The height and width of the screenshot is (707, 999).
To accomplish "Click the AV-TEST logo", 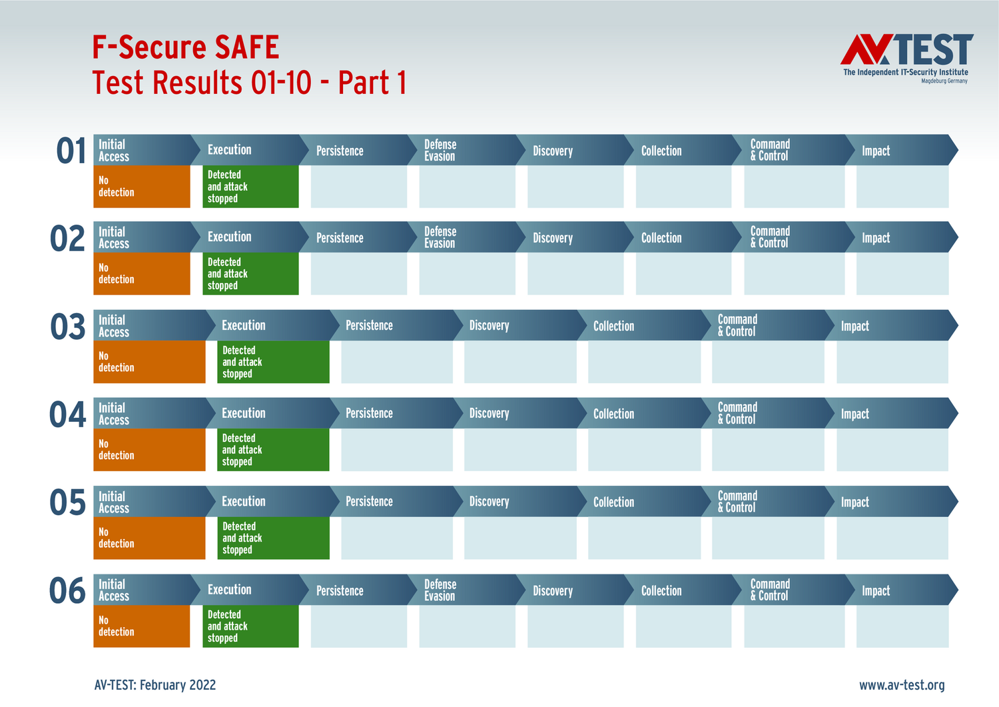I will [906, 57].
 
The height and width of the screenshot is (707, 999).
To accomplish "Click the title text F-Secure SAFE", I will [186, 48].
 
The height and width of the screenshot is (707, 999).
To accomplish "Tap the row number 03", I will [68, 327].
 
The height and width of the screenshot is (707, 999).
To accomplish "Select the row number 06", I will [68, 591].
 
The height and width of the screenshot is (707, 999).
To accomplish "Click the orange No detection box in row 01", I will [141, 187].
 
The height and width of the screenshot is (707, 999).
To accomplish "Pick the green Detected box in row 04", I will [273, 450].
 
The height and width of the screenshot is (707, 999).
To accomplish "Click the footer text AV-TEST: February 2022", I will [155, 685].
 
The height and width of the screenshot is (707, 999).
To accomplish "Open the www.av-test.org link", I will [902, 685].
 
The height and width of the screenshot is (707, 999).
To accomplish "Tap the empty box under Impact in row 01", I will [902, 187].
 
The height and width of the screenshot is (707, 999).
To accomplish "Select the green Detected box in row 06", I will [250, 626].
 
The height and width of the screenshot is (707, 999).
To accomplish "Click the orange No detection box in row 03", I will [149, 362].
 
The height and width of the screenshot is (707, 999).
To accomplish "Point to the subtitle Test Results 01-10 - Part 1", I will [249, 83].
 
